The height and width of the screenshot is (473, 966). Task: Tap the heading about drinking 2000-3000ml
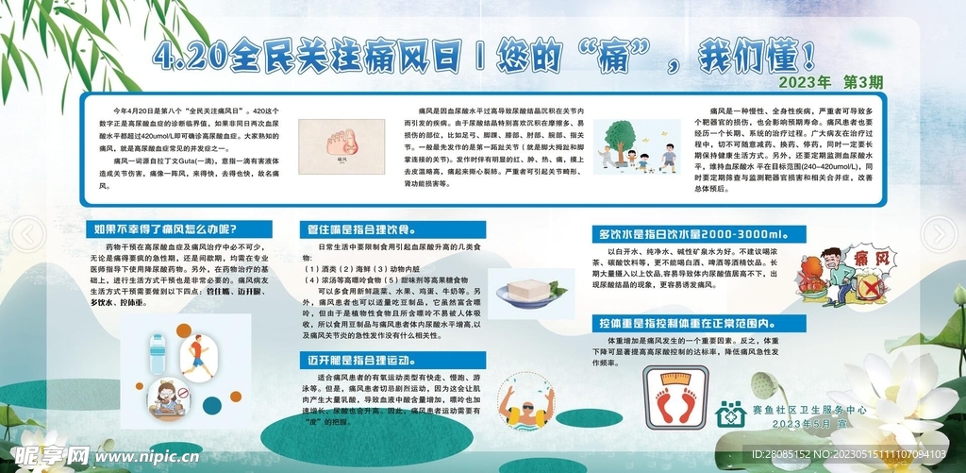700,233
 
